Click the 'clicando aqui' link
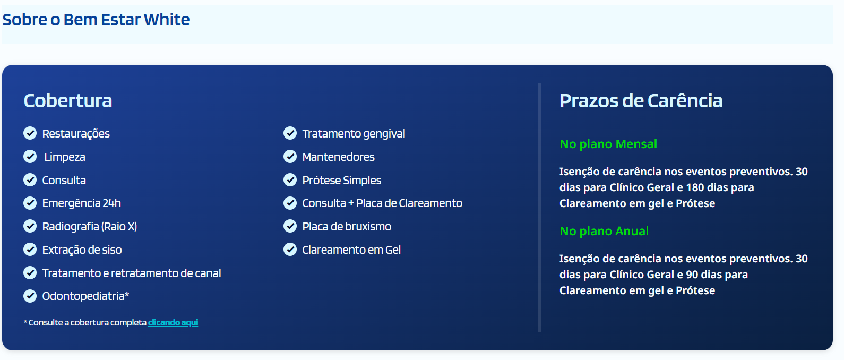173,323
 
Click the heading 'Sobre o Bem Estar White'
96,20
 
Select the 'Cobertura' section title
68,101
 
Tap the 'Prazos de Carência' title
641,101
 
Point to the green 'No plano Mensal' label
608,144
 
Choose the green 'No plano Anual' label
604,232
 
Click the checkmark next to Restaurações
30,133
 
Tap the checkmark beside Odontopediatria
30,296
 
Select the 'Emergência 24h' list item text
82,203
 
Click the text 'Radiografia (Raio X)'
90,227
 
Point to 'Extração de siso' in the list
82,250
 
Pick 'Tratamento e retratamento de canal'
132,273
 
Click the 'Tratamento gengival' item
354,134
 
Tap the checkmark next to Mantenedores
290,157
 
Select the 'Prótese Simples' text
342,181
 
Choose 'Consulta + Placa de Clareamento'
382,203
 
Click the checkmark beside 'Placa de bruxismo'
290,227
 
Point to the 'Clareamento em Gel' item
351,250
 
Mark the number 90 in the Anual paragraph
692,275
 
